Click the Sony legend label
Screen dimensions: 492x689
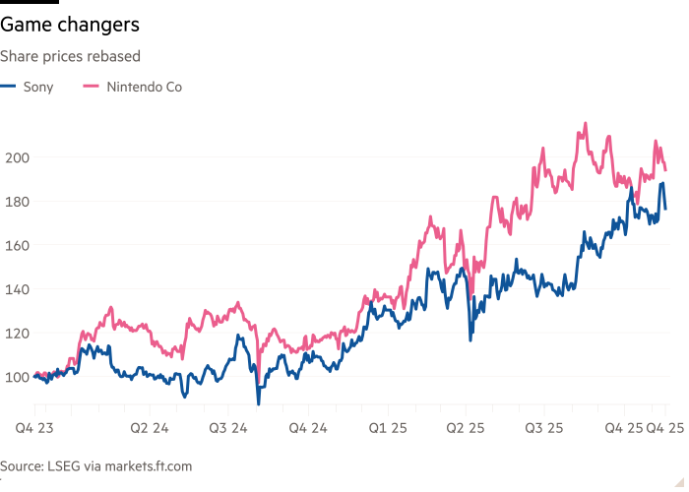(x=38, y=87)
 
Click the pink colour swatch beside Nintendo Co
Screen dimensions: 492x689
(x=93, y=87)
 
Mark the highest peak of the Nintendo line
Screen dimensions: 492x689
(x=586, y=124)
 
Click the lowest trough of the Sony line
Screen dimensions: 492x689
(x=259, y=401)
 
